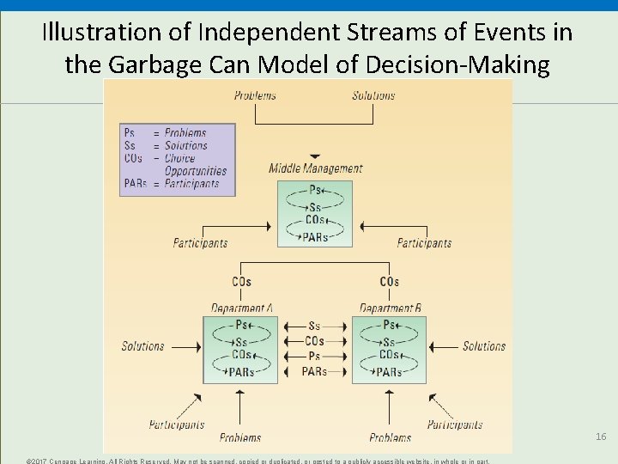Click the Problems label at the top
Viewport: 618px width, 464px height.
coord(255,95)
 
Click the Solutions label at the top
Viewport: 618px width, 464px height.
coord(373,95)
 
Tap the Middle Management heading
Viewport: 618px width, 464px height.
coord(315,168)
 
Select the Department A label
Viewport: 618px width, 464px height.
coord(242,308)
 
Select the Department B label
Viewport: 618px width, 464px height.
coord(390,308)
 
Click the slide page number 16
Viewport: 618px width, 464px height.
coord(601,437)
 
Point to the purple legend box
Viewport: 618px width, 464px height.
coord(178,159)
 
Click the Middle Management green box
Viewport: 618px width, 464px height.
coord(315,214)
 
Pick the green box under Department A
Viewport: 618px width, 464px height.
coord(240,349)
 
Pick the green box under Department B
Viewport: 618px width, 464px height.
coord(389,349)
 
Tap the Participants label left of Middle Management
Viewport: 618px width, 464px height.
coord(200,243)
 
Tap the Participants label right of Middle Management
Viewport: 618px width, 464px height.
coord(424,243)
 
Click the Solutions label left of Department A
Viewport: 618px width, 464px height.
coord(142,346)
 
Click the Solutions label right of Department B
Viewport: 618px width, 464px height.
coord(484,346)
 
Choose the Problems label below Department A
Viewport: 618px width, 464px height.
coord(240,437)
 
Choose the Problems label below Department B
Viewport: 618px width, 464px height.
coord(390,437)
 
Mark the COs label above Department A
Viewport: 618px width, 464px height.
coord(241,282)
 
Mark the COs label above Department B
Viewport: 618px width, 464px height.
coord(389,282)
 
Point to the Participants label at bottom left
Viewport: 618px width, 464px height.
coord(177,424)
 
